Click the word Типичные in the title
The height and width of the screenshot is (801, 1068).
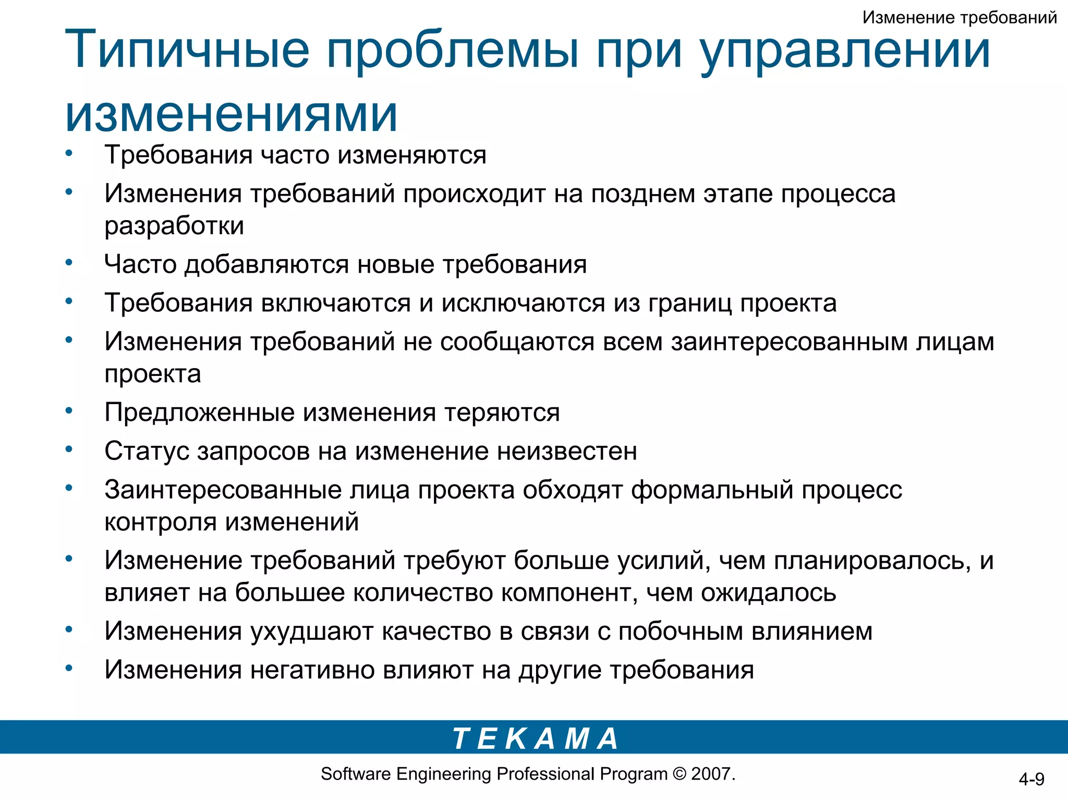coord(187,51)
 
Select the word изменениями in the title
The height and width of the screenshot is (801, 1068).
coord(231,114)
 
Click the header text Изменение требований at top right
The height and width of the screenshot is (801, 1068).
coord(959,18)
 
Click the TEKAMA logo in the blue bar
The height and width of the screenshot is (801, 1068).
coord(535,738)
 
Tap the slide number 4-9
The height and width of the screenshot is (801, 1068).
coord(1031,779)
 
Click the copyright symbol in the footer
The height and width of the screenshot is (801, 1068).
coord(679,773)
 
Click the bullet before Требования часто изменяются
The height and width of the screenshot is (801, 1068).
coord(68,153)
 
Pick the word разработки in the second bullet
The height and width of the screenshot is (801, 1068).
coord(174,226)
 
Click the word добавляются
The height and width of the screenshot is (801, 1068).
coord(267,264)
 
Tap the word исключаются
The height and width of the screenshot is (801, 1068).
coord(523,303)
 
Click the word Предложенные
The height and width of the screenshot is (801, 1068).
coord(199,412)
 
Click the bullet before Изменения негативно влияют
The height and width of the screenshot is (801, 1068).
coord(68,668)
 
